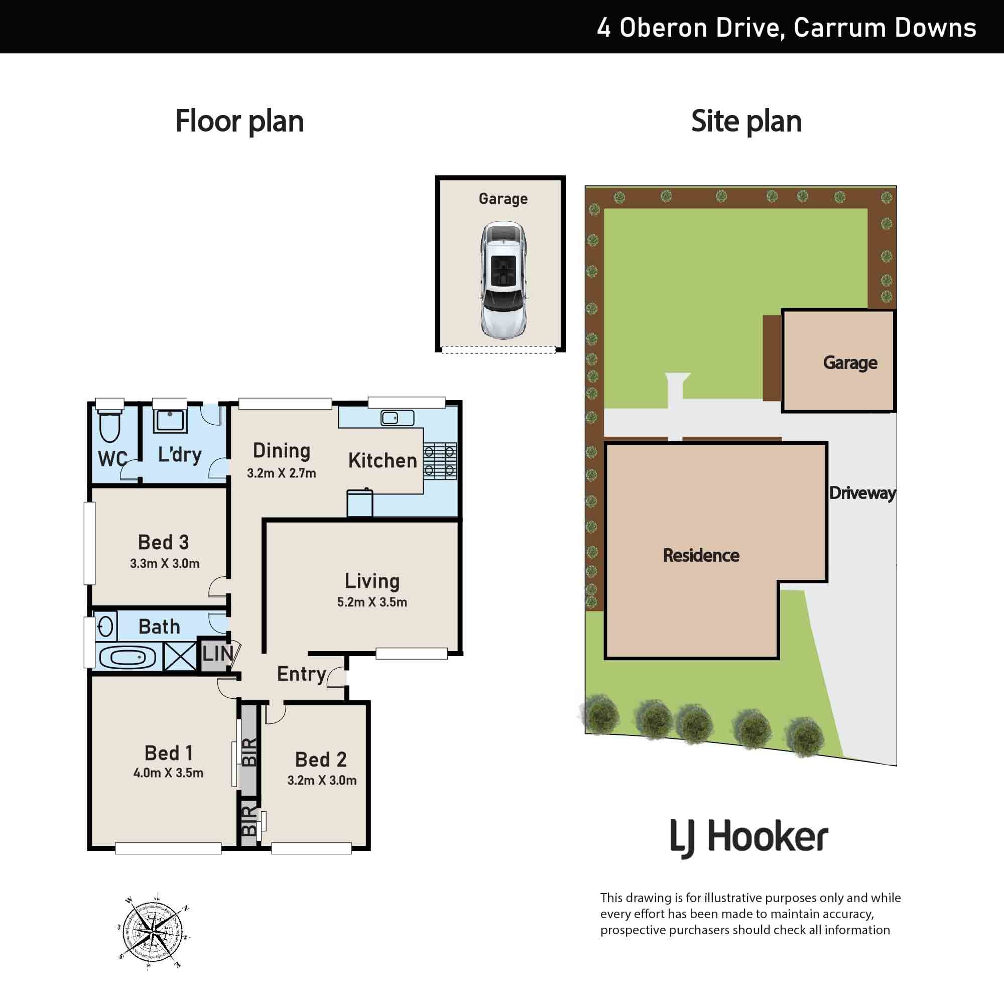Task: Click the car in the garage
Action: [504, 281]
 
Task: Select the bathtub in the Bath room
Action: [128, 658]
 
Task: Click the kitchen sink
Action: [398, 417]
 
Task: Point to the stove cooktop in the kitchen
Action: [440, 460]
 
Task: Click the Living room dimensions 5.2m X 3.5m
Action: [372, 602]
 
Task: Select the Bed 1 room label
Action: [168, 753]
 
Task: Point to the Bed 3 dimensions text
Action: [165, 563]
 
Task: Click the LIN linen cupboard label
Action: [218, 654]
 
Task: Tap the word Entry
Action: [301, 675]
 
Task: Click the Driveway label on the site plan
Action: [862, 493]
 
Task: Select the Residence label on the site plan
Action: [701, 556]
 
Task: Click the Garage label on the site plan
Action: [850, 363]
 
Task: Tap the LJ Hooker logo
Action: [749, 839]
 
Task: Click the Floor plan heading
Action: [239, 121]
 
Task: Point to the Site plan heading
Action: [746, 121]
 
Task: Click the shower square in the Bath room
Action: [180, 656]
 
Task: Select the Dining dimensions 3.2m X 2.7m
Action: [281, 473]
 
